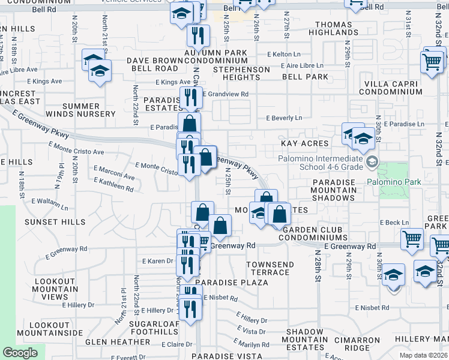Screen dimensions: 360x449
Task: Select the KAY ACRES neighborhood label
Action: (304, 144)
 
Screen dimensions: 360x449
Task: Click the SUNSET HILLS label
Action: (47, 222)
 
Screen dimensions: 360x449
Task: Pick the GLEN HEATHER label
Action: (118, 341)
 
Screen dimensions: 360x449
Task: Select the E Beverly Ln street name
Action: (285, 119)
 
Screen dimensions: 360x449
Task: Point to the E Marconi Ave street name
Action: (114, 177)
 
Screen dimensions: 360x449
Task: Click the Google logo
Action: (20, 352)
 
